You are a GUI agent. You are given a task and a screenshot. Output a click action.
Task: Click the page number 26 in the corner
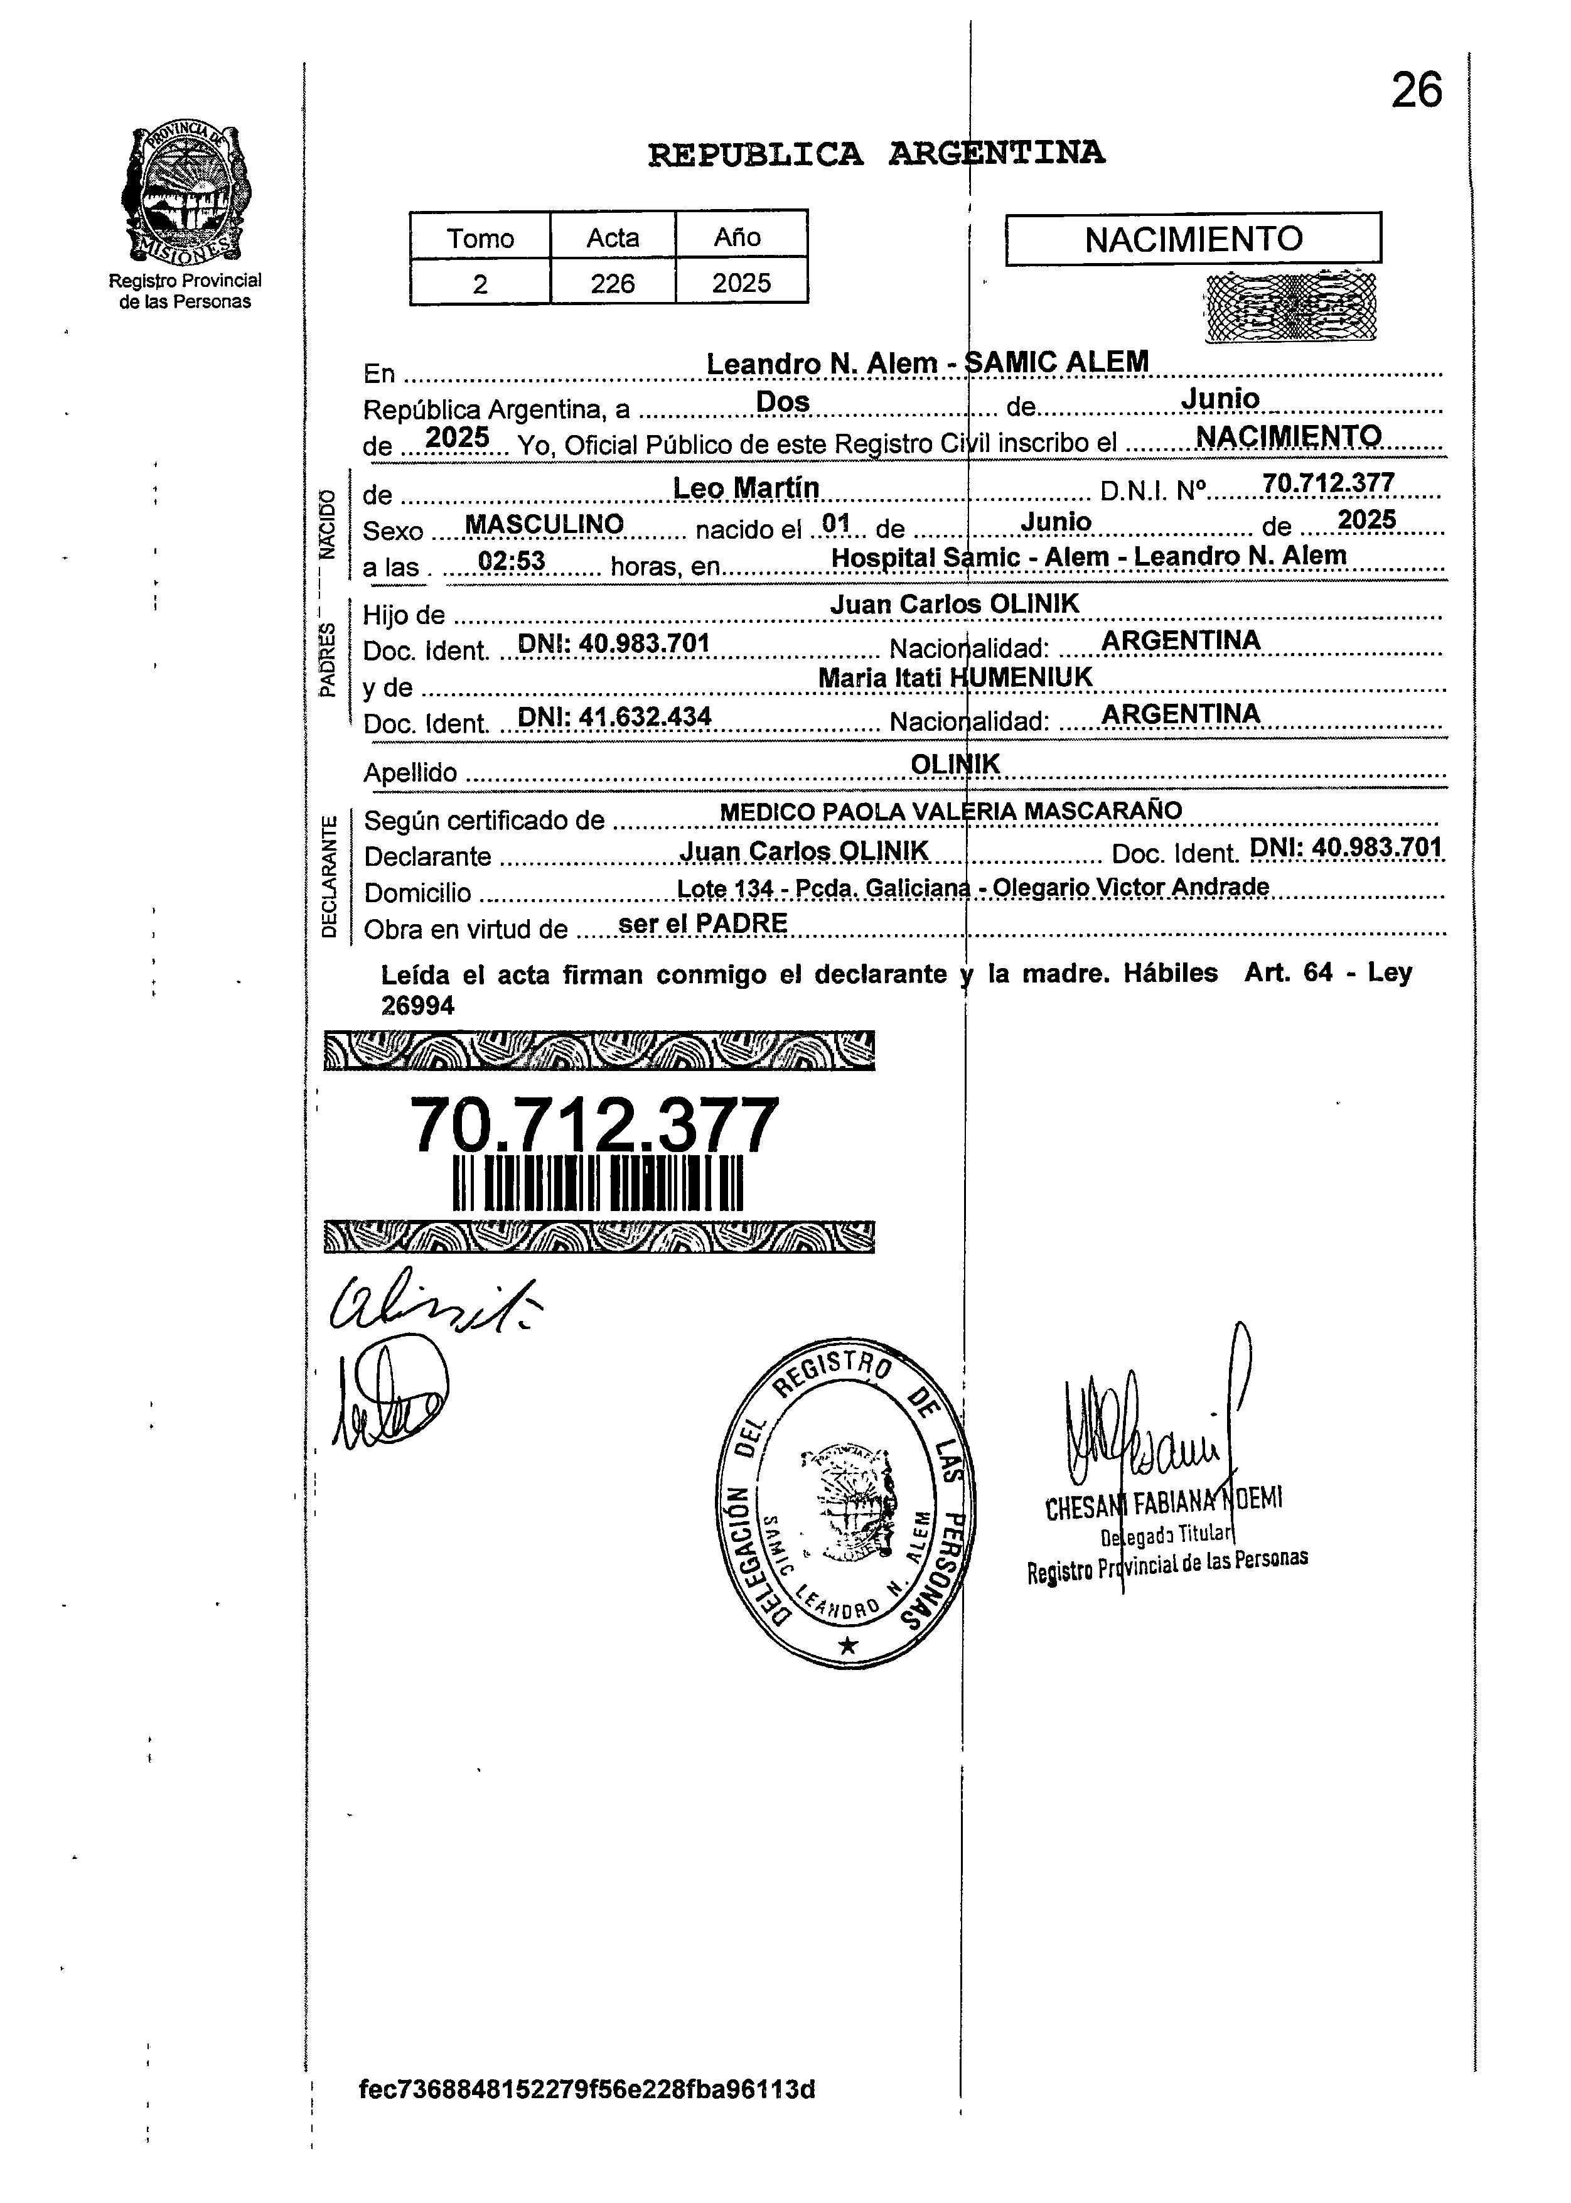(x=1416, y=92)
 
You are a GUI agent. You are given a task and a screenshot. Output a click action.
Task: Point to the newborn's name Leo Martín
(x=746, y=488)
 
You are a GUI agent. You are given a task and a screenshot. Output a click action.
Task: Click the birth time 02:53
(x=511, y=562)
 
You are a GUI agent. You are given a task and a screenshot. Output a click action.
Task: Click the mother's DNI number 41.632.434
(x=614, y=717)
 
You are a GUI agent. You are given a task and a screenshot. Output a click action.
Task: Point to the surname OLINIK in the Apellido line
(x=955, y=763)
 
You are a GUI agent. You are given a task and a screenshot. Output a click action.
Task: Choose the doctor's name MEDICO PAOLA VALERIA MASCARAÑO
(x=950, y=811)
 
